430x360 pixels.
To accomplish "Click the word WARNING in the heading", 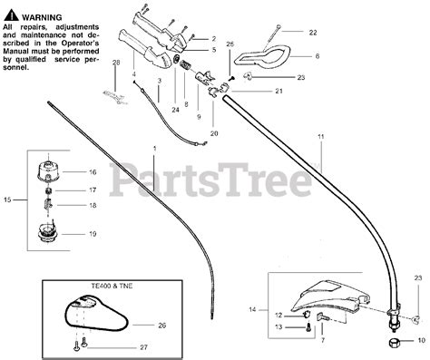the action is coord(42,17).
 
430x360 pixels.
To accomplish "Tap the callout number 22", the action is coord(313,33).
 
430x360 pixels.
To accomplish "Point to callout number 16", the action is coord(93,172).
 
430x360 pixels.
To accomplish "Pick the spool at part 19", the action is coord(47,232).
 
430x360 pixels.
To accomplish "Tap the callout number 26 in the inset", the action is coord(162,326).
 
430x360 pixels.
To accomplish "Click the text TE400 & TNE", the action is coord(112,286).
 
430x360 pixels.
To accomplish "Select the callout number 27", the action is coord(143,347).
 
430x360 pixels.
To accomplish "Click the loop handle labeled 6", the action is coord(264,56).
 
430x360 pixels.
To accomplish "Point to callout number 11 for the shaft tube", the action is coord(321,137).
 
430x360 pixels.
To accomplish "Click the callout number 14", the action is coord(252,309).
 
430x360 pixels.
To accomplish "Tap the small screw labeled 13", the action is coord(308,326).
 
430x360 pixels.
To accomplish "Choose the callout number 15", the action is coord(7,199).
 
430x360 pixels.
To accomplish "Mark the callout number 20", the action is coord(214,133).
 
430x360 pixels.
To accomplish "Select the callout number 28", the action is coord(116,63).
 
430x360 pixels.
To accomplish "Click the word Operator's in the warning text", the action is coord(83,44).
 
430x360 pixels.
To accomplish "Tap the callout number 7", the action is coord(323,340).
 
